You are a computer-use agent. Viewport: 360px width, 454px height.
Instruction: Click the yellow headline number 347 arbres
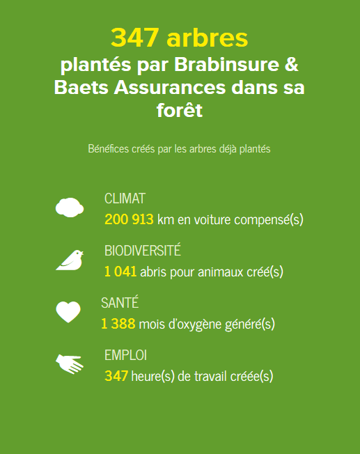pos(179,38)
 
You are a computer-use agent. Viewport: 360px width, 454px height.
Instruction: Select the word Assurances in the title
pos(170,87)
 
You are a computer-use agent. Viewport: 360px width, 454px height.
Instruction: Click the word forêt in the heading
pos(180,110)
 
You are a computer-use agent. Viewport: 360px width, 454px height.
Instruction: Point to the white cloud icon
pos(70,208)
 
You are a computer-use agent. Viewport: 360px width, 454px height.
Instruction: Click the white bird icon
pos(70,260)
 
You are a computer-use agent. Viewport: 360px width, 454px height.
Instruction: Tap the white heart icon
pos(68,312)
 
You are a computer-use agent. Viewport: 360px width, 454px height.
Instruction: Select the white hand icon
pos(70,364)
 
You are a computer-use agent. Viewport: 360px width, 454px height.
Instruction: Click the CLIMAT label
pos(125,198)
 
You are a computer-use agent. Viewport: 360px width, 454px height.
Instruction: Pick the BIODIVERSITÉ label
pos(143,250)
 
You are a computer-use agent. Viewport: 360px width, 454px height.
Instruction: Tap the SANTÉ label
pos(120,303)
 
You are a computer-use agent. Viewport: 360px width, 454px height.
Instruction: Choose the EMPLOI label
pos(126,355)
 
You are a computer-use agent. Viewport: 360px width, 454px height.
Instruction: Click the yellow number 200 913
pos(129,219)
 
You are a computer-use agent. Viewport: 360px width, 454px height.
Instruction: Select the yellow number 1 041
pos(120,272)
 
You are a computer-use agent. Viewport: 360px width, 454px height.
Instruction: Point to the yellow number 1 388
pos(118,324)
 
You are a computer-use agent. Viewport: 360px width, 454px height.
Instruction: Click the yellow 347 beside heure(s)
pos(116,376)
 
